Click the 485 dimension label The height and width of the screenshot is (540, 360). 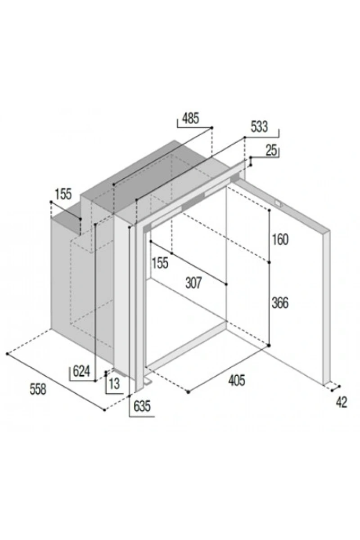(190, 118)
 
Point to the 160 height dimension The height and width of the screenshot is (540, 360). (280, 239)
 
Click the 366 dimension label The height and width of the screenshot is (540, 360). (280, 303)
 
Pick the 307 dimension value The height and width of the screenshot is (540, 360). (193, 283)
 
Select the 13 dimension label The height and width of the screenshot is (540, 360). (114, 383)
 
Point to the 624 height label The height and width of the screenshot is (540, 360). (81, 371)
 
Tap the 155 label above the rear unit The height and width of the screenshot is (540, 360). (63, 194)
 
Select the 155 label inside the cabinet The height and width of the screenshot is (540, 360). (160, 262)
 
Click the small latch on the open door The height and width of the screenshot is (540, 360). (279, 204)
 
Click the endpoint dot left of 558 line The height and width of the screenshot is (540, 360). (8, 354)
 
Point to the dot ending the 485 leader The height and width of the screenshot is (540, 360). (212, 127)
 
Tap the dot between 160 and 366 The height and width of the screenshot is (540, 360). (270, 262)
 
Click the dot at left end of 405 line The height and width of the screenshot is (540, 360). (188, 392)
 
